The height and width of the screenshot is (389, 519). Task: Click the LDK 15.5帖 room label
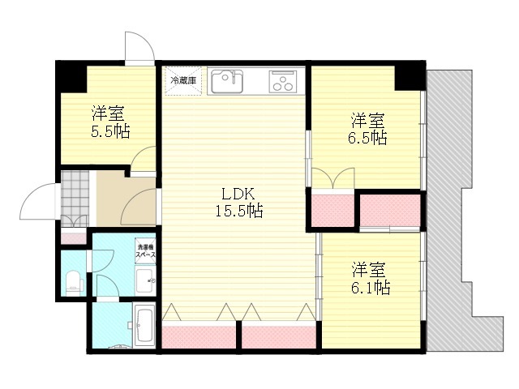(239, 202)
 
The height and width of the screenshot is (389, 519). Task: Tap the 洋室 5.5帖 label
(109, 122)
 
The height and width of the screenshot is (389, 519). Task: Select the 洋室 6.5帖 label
(367, 130)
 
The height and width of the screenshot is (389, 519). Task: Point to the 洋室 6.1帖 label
(370, 279)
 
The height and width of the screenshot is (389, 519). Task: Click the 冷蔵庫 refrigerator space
(183, 81)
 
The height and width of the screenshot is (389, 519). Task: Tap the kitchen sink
(227, 81)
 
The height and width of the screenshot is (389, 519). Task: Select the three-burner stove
(283, 81)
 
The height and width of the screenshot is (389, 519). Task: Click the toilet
(75, 283)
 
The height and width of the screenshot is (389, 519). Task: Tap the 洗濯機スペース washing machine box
(145, 251)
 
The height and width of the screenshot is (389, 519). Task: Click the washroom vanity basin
(145, 281)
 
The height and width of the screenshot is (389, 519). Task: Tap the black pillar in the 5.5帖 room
(71, 77)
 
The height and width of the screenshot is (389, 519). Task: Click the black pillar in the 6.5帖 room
(410, 76)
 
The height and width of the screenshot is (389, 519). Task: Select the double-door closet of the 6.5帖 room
(333, 208)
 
